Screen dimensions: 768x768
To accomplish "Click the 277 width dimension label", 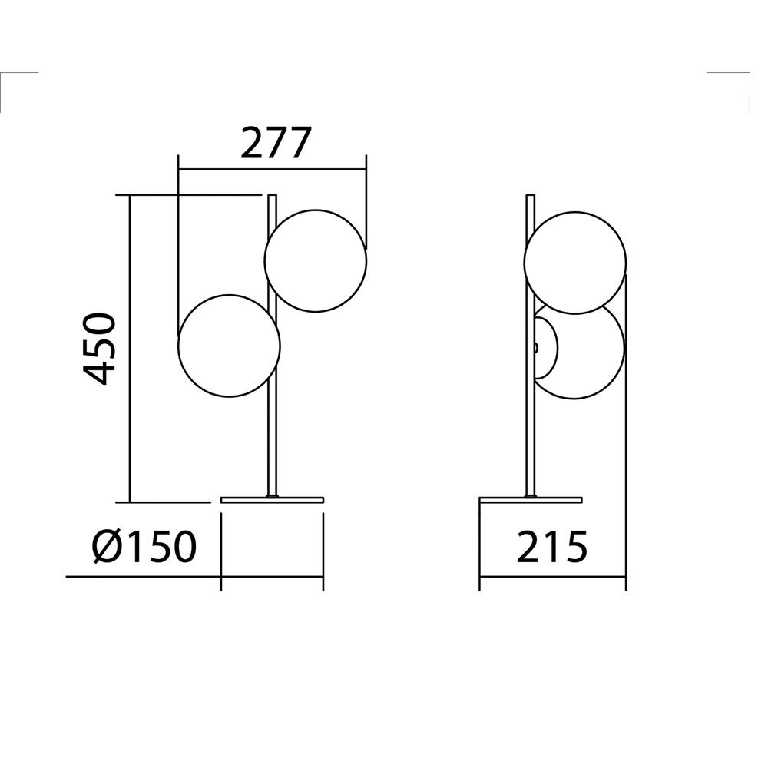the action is (276, 143).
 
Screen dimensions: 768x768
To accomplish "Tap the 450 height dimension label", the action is (99, 348).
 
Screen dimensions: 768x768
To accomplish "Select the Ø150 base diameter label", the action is (145, 546).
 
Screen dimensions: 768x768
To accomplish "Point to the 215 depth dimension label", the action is (552, 546).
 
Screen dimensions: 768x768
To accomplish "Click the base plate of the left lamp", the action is (272, 500).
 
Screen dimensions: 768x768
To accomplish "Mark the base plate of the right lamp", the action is (531, 500).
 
